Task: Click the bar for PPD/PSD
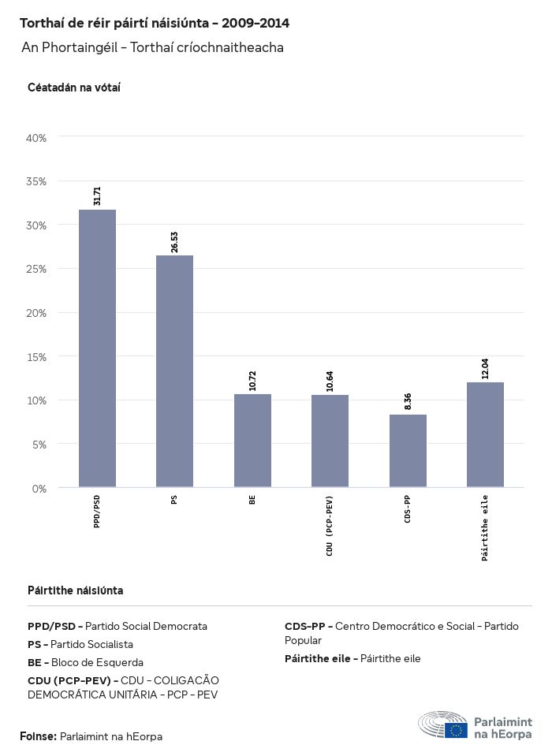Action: [97, 348]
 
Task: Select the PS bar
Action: [174, 371]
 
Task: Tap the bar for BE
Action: [252, 441]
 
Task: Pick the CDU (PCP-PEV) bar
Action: [330, 441]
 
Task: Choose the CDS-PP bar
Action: [408, 451]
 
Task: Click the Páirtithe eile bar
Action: [485, 434]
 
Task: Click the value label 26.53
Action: [174, 242]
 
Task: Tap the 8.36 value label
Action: [408, 401]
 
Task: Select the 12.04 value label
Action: [485, 369]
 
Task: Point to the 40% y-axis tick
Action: [37, 138]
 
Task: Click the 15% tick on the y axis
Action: [37, 357]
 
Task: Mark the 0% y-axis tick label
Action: [39, 489]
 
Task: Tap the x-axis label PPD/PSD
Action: [97, 512]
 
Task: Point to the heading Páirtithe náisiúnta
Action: [75, 590]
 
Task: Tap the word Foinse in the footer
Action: [37, 736]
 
